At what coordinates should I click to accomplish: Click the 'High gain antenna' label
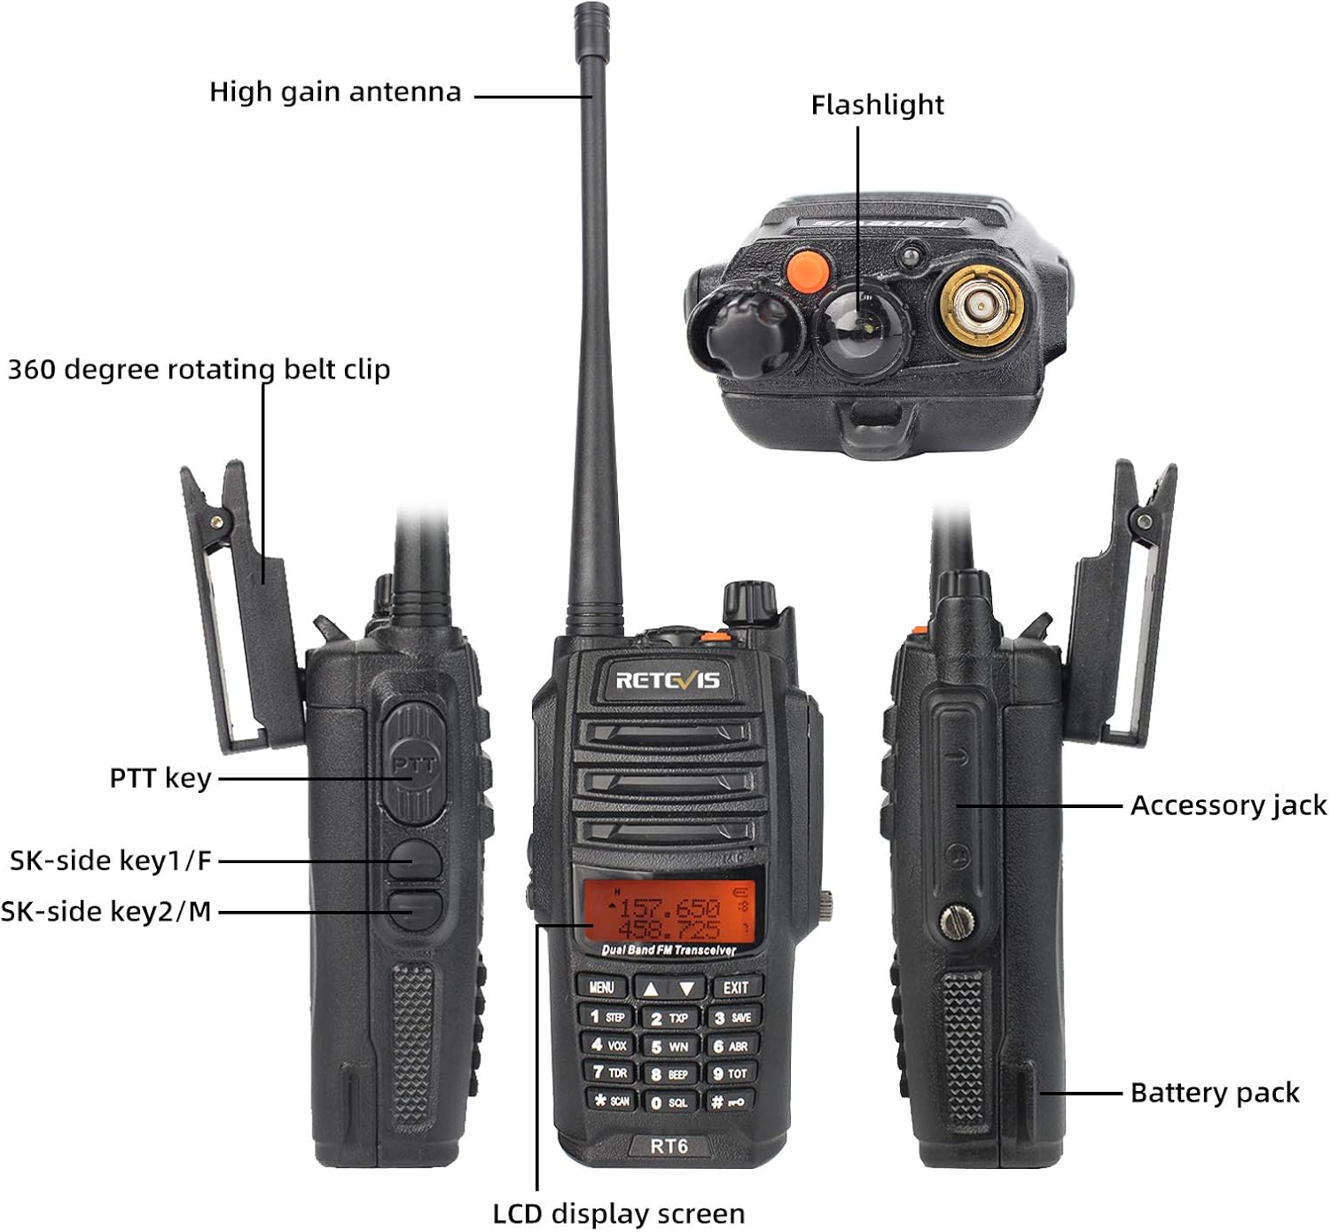(x=335, y=92)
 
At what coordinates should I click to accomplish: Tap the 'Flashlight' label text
(x=877, y=105)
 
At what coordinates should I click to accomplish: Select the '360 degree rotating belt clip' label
(x=199, y=369)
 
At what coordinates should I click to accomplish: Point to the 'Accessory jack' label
(x=1228, y=805)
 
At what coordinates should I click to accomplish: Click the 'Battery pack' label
(x=1214, y=1093)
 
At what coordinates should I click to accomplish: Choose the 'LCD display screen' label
(x=618, y=1213)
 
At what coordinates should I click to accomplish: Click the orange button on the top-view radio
(x=807, y=270)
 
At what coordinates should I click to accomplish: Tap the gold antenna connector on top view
(x=982, y=306)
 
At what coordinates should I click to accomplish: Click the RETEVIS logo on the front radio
(x=668, y=680)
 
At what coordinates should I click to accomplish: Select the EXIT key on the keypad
(x=735, y=987)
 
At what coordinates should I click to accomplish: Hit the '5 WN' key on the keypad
(x=669, y=1047)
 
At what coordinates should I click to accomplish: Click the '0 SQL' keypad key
(x=669, y=1103)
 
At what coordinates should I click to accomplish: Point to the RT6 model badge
(x=669, y=1146)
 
